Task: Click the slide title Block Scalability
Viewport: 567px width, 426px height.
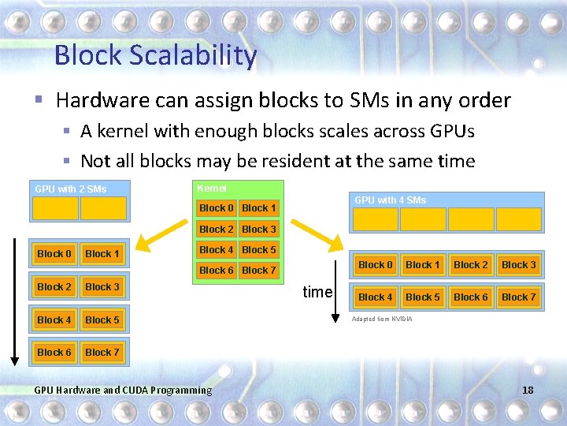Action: coord(155,55)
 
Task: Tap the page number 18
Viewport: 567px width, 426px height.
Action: coord(527,390)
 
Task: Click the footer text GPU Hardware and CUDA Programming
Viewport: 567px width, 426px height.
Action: coord(124,390)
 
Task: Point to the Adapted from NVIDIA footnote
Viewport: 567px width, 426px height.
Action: coord(381,319)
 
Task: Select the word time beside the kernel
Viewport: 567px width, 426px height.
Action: coord(317,292)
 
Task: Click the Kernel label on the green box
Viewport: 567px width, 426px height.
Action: coord(211,189)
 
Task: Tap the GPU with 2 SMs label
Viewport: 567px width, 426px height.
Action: coord(70,189)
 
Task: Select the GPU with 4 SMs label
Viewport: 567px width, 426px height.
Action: coord(390,200)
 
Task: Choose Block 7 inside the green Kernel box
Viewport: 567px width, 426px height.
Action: coord(259,271)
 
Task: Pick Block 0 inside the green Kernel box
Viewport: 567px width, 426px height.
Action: coord(216,208)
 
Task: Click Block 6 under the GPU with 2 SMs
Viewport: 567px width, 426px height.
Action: coord(54,353)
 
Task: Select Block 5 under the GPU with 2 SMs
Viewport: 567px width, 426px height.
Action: coord(102,320)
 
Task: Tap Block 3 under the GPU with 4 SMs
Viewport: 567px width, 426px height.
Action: coord(519,265)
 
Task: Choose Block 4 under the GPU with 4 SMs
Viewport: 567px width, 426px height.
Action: coord(376,297)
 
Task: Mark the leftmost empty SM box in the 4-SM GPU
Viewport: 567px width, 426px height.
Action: coord(376,219)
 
